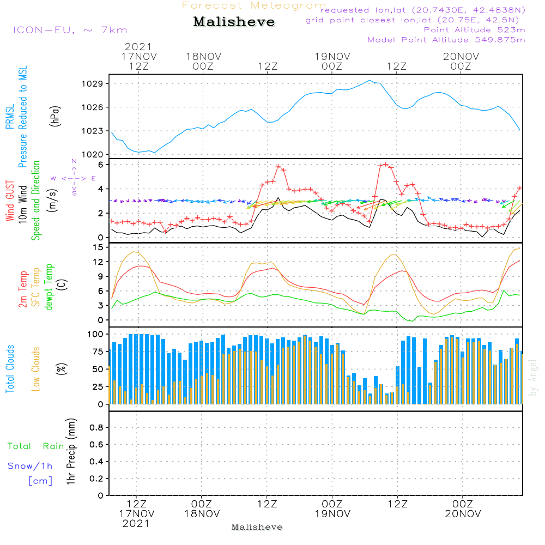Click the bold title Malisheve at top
click(234, 22)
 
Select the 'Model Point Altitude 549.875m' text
click(446, 40)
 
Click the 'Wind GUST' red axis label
click(10, 202)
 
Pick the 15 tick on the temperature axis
click(98, 247)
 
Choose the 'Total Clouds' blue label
click(10, 368)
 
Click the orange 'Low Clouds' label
click(36, 368)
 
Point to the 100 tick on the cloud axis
click(95, 334)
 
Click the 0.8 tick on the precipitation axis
click(96, 428)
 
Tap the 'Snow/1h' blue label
click(30, 466)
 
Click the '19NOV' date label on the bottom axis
click(332, 514)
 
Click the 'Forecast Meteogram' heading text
click(254, 5)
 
